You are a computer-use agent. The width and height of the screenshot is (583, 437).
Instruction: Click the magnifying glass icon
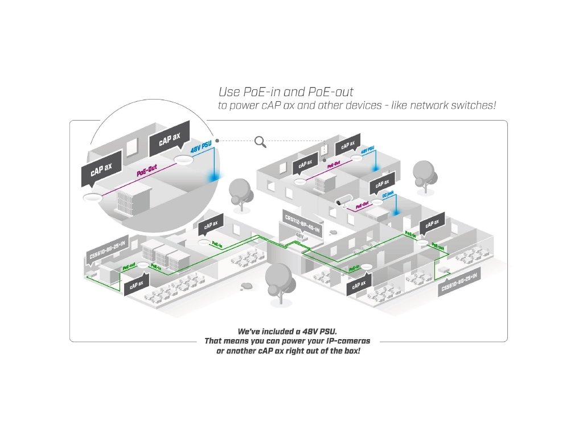click(261, 141)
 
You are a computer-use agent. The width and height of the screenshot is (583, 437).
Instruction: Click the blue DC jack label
click(388, 195)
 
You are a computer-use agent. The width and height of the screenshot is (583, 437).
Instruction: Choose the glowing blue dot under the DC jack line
click(395, 212)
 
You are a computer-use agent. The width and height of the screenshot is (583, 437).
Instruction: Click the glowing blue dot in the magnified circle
click(214, 178)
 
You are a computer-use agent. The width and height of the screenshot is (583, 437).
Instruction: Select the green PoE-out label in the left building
click(129, 266)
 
